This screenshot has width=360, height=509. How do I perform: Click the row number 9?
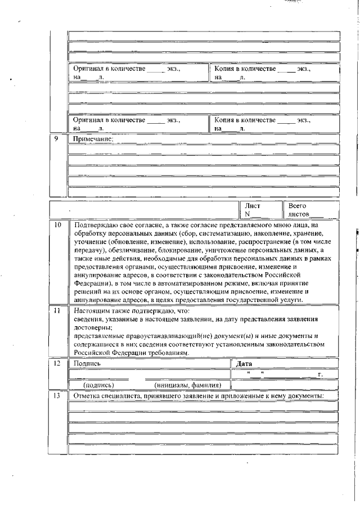57,138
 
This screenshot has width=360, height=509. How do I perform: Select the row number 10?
57,225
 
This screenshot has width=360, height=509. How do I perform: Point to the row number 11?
57,310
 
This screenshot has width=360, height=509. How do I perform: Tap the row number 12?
57,364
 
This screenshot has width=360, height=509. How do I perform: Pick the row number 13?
57,397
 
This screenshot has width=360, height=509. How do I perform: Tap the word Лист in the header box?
253,206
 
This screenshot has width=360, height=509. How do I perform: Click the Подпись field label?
87,364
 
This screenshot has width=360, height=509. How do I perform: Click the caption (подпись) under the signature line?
98,385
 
